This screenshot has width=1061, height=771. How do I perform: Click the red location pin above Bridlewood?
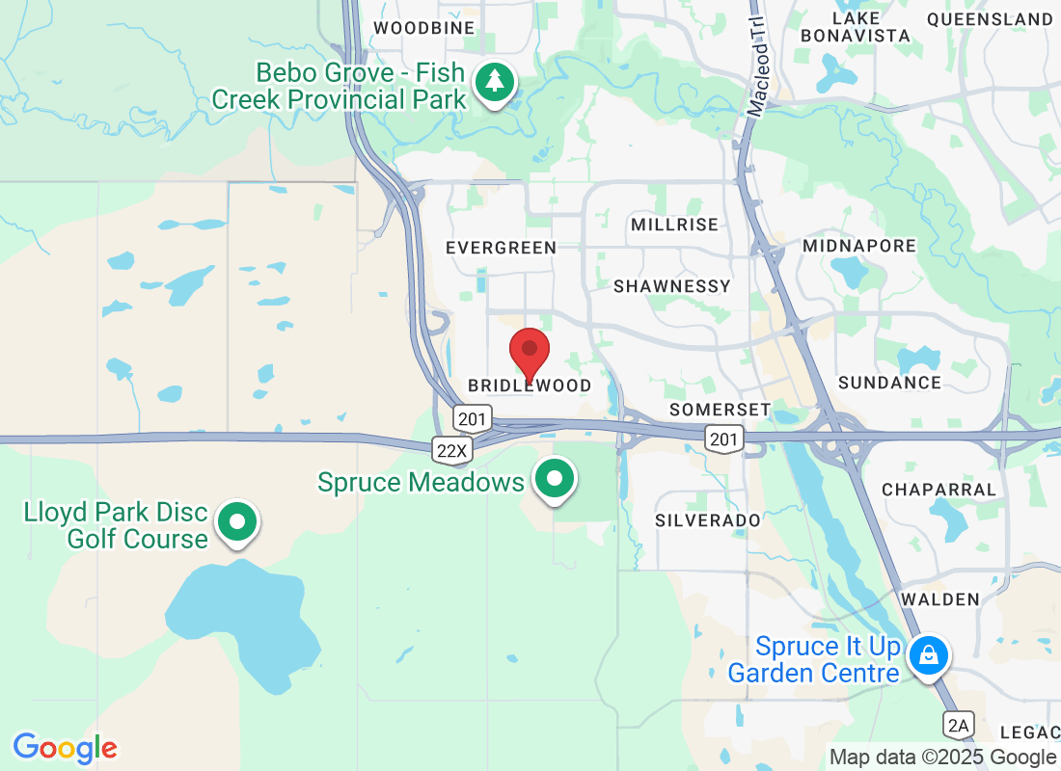click(530, 353)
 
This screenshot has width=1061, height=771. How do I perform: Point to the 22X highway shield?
click(450, 450)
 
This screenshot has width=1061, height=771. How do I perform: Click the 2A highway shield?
click(958, 725)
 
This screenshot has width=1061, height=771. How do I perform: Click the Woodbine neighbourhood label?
click(424, 28)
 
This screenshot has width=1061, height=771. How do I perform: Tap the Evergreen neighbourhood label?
click(501, 248)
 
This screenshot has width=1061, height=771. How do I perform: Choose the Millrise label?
click(674, 225)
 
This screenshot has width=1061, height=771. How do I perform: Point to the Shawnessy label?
click(672, 286)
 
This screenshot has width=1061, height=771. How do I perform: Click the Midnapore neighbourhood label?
click(859, 246)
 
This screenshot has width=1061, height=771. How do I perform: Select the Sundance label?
click(889, 383)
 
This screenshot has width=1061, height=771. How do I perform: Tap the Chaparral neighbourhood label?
click(939, 489)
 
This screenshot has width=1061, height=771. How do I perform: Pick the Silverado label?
click(707, 520)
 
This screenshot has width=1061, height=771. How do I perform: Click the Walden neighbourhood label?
click(939, 599)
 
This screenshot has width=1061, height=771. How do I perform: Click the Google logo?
click(65, 748)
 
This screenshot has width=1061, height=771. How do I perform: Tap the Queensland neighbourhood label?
click(990, 19)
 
